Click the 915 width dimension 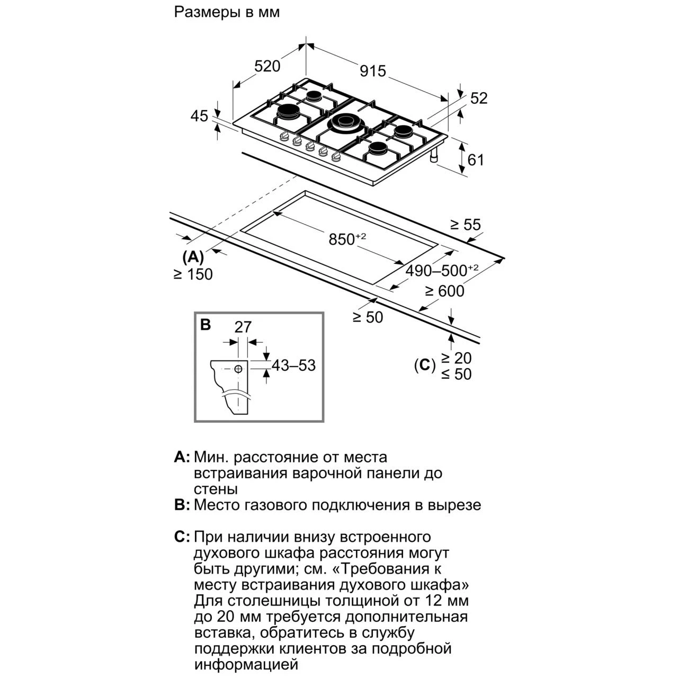click(372, 71)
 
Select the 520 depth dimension click(267, 66)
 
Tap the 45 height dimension click(200, 116)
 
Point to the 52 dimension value click(479, 98)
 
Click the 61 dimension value click(476, 160)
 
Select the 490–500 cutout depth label click(442, 270)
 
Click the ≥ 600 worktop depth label click(445, 291)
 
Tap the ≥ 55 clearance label click(465, 225)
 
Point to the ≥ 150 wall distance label click(193, 274)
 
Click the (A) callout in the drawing click(193, 257)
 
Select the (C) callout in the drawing click(425, 365)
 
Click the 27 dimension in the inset click(243, 327)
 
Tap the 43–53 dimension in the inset click(293, 365)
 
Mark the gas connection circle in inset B click(238, 369)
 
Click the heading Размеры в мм click(227, 12)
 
